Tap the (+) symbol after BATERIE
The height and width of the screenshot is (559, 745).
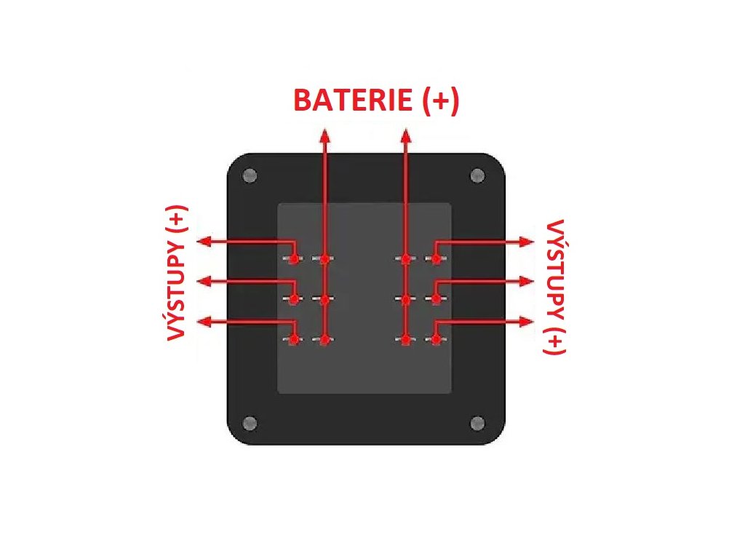tap(441, 100)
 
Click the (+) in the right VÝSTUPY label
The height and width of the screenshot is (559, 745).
tap(554, 339)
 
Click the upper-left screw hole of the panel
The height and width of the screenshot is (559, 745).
tap(250, 175)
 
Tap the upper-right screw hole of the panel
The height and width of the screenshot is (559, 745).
tap(478, 175)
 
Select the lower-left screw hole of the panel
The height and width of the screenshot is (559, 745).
tap(250, 423)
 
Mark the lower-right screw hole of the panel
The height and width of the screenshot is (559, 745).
tap(478, 423)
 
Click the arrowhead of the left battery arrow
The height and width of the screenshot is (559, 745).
tap(324, 135)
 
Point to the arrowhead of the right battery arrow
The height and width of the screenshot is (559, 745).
tap(406, 135)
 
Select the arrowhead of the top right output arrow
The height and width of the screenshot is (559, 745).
tap(527, 241)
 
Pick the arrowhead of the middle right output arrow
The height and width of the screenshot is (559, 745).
tap(527, 281)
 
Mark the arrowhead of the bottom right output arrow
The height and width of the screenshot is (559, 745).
tap(527, 321)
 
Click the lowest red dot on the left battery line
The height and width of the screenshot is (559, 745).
tap(324, 339)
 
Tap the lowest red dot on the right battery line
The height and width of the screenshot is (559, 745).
tap(406, 339)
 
